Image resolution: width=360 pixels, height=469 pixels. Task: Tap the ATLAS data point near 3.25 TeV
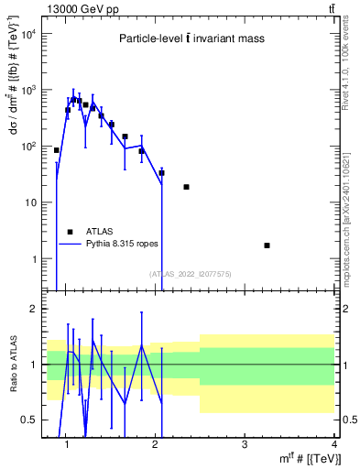tap(267, 245)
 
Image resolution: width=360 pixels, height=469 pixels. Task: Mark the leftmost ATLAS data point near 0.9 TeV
tap(57, 150)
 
